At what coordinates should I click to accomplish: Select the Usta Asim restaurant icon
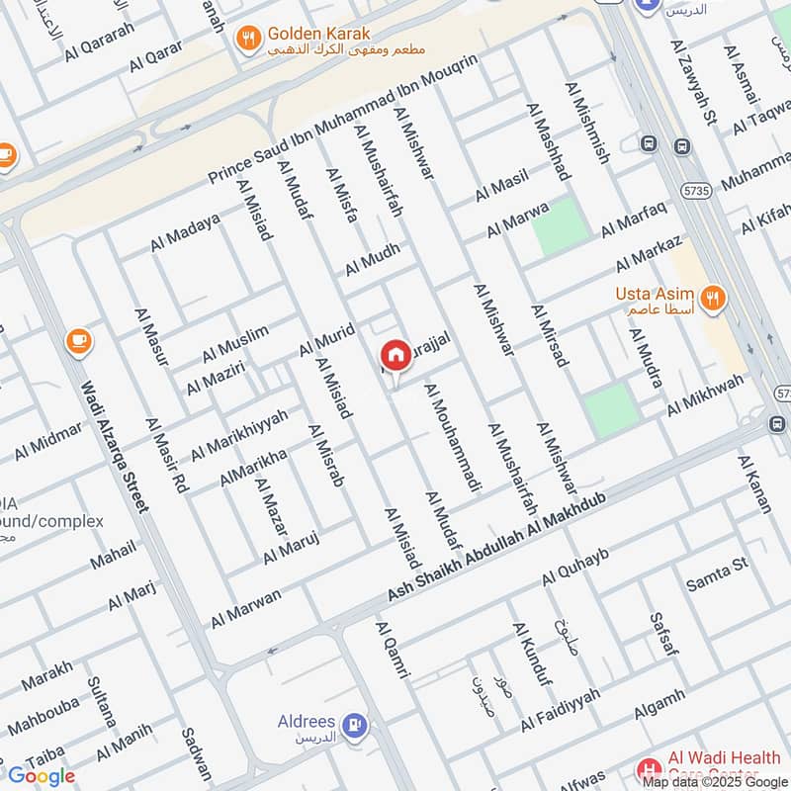pyautogui.click(x=710, y=297)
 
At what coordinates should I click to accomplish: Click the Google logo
pyautogui.click(x=42, y=776)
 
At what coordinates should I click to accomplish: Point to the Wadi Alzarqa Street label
pyautogui.click(x=115, y=448)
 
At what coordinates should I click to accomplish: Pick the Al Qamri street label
pyautogui.click(x=392, y=650)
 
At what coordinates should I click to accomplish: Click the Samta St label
pyautogui.click(x=716, y=575)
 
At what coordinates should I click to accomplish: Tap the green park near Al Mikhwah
pyautogui.click(x=609, y=409)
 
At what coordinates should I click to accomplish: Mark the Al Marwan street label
pyautogui.click(x=245, y=608)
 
